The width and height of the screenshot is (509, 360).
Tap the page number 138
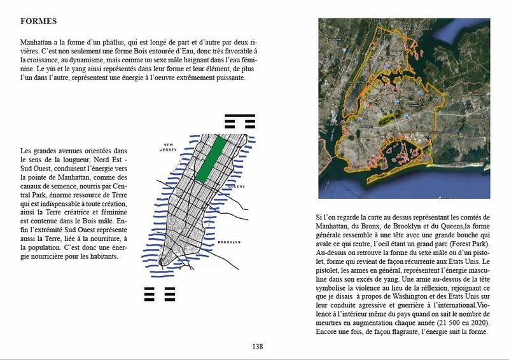click(x=257, y=347)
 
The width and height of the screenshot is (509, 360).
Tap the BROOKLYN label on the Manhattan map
click(x=229, y=242)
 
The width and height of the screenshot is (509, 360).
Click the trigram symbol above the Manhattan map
click(x=240, y=120)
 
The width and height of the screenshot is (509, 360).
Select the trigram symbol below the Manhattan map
click(x=160, y=293)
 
